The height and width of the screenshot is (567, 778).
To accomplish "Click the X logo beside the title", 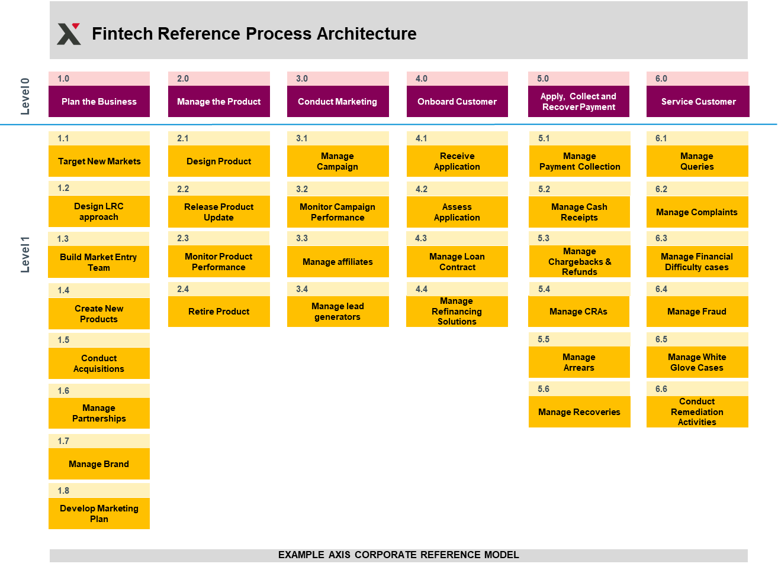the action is pos(69,34).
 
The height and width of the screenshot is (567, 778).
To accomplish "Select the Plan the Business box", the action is pos(99,101).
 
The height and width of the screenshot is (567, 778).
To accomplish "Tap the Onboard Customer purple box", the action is pos(457,101).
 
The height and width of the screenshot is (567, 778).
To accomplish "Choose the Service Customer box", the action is pos(697,101).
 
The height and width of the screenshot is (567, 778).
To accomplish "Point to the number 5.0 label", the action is pos(543,79).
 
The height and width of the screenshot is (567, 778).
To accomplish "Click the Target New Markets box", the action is pos(99,161).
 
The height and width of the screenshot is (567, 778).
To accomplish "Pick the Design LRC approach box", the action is pos(99,211).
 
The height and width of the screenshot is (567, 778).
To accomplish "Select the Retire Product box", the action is pos(219,312).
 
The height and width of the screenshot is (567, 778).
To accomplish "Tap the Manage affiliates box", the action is pos(338,261).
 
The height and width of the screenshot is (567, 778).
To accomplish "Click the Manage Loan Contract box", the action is pos(457,261).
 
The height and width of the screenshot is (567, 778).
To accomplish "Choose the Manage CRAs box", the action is pos(578,312).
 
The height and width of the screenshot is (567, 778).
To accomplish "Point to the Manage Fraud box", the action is pos(697,312).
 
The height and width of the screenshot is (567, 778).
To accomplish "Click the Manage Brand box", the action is pos(99,464).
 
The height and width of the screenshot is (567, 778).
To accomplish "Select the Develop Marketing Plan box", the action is pos(99,513).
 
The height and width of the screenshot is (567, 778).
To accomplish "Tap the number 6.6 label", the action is pos(661,389).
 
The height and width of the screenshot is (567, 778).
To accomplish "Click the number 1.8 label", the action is pos(63,490).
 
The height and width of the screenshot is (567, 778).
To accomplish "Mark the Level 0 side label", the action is pos(25,96).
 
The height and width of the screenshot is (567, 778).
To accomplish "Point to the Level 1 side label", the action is pos(25,255).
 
